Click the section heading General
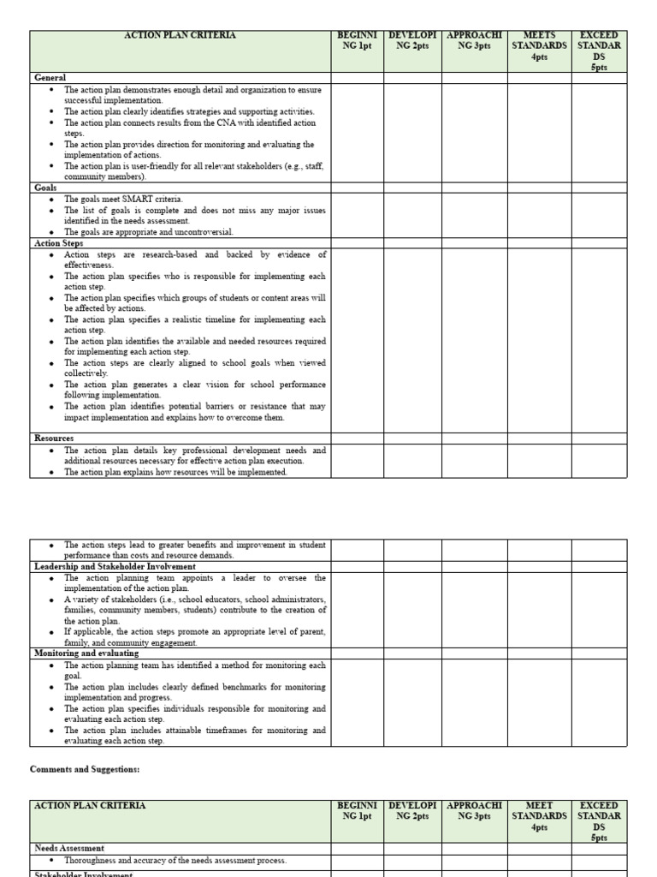[x=50, y=78]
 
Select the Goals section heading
[x=45, y=188]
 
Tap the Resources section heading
[x=54, y=438]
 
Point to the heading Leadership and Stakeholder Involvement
[x=115, y=567]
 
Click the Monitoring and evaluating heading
[x=86, y=653]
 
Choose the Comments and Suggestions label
[x=85, y=770]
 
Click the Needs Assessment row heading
[x=69, y=848]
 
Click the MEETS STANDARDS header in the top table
[x=539, y=45]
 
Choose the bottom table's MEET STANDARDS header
[x=539, y=815]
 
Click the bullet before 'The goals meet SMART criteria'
[x=52, y=200]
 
